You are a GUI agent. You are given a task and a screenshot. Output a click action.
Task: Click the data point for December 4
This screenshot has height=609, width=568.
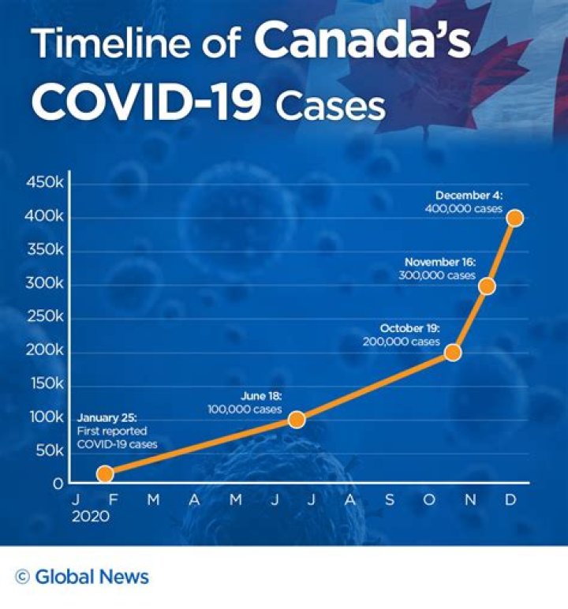(x=514, y=218)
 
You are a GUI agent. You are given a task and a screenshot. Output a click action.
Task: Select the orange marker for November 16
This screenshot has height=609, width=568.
(x=487, y=286)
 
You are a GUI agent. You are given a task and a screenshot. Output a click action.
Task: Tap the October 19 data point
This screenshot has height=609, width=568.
(x=452, y=353)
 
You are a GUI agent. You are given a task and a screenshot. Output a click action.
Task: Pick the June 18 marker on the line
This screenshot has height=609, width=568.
(x=297, y=419)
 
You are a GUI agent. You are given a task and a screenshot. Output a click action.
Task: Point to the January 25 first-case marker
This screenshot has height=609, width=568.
(x=105, y=473)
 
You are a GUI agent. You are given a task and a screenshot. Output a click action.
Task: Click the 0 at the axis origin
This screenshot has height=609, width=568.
(x=58, y=484)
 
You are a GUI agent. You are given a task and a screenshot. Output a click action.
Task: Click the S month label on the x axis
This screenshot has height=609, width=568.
(x=389, y=501)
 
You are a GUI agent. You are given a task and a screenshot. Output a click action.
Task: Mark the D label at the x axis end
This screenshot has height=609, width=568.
(x=510, y=501)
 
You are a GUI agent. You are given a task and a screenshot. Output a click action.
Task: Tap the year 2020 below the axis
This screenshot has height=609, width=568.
(x=91, y=518)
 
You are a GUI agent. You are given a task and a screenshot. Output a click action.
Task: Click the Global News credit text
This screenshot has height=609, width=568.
(x=92, y=577)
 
